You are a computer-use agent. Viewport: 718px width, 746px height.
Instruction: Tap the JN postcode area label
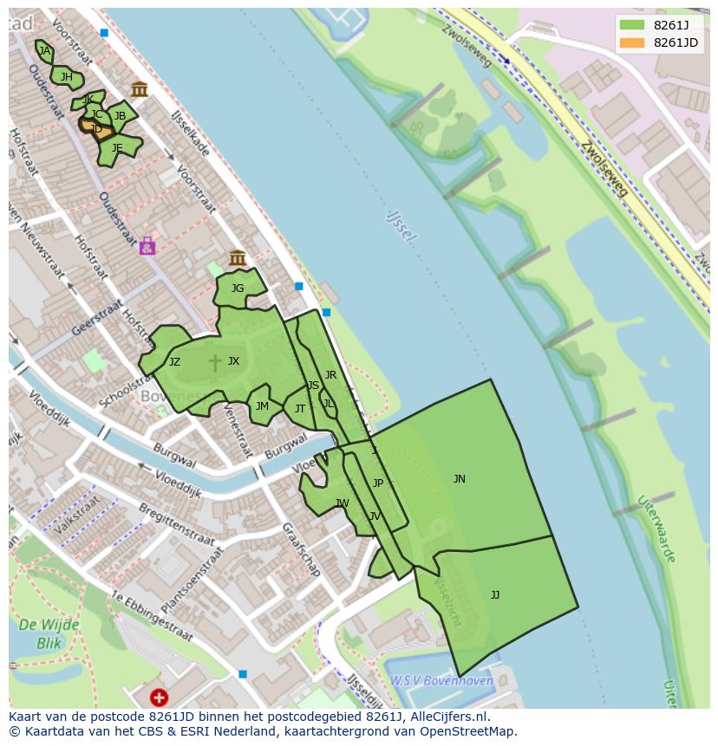(460, 479)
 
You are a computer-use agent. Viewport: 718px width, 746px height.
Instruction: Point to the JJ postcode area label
(494, 594)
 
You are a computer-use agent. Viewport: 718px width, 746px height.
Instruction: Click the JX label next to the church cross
(233, 361)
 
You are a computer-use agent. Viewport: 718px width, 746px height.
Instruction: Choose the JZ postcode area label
(174, 362)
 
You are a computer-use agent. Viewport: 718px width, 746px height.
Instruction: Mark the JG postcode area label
(237, 289)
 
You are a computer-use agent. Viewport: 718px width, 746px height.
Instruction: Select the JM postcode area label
(262, 405)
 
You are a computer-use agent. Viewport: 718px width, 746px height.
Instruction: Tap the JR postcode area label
(330, 375)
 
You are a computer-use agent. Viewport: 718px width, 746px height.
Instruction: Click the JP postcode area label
(377, 483)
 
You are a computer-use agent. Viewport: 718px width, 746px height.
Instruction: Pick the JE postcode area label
(117, 148)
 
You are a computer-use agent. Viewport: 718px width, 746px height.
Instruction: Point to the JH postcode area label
(67, 77)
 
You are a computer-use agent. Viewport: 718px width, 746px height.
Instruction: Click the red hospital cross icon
(159, 697)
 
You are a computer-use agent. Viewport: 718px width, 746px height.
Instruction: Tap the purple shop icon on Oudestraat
(147, 247)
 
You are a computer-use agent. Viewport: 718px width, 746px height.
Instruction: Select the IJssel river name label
(401, 224)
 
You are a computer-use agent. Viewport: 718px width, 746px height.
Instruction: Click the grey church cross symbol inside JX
(214, 362)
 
